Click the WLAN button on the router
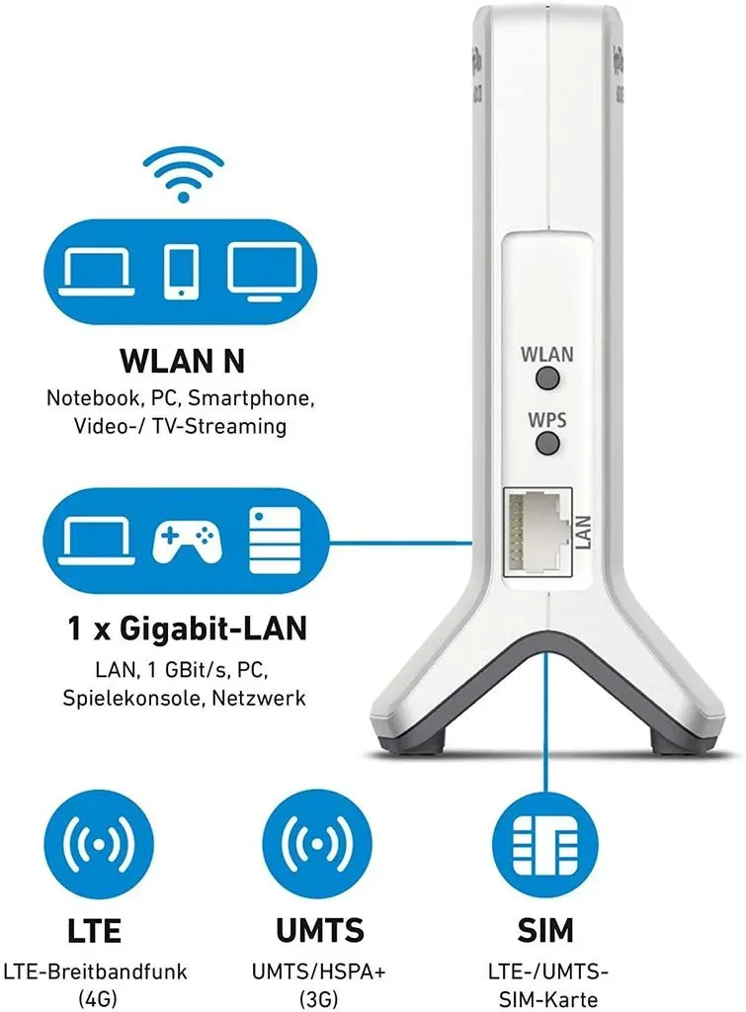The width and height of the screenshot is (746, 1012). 547,378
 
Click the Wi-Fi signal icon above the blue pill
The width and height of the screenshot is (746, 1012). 183,174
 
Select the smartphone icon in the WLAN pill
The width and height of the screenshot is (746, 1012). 182,272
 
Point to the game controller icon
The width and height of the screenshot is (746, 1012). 187,541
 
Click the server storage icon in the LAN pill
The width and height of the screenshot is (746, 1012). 275,541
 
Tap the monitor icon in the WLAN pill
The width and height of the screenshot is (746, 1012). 265,272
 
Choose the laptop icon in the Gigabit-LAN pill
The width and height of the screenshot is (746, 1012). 98,541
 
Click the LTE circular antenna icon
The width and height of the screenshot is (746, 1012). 99,844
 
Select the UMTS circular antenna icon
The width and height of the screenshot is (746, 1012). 317,844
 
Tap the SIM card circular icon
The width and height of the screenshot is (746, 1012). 545,844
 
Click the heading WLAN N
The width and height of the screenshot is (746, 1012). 183,361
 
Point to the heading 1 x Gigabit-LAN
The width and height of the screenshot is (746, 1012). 187,629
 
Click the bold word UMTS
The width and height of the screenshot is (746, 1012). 319,931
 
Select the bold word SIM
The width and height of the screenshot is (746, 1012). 545,931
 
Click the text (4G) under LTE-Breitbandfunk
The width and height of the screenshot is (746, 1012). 98,999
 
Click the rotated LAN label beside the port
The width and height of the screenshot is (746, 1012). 583,533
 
